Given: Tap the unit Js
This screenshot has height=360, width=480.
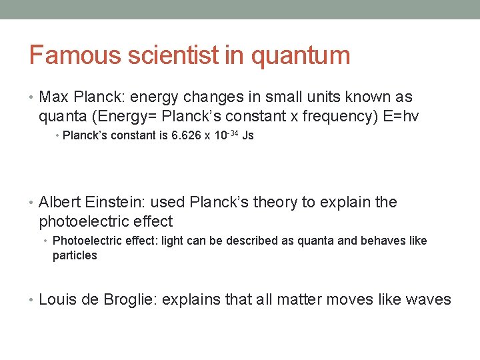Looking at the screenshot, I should (248, 136).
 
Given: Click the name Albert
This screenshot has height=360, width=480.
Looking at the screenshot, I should (61, 202).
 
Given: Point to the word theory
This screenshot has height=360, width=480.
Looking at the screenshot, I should (273, 202).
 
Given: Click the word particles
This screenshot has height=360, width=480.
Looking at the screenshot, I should (75, 255).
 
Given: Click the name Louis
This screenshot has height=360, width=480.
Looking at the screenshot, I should (58, 299).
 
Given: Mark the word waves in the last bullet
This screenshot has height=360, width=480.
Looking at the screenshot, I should (427, 299).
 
